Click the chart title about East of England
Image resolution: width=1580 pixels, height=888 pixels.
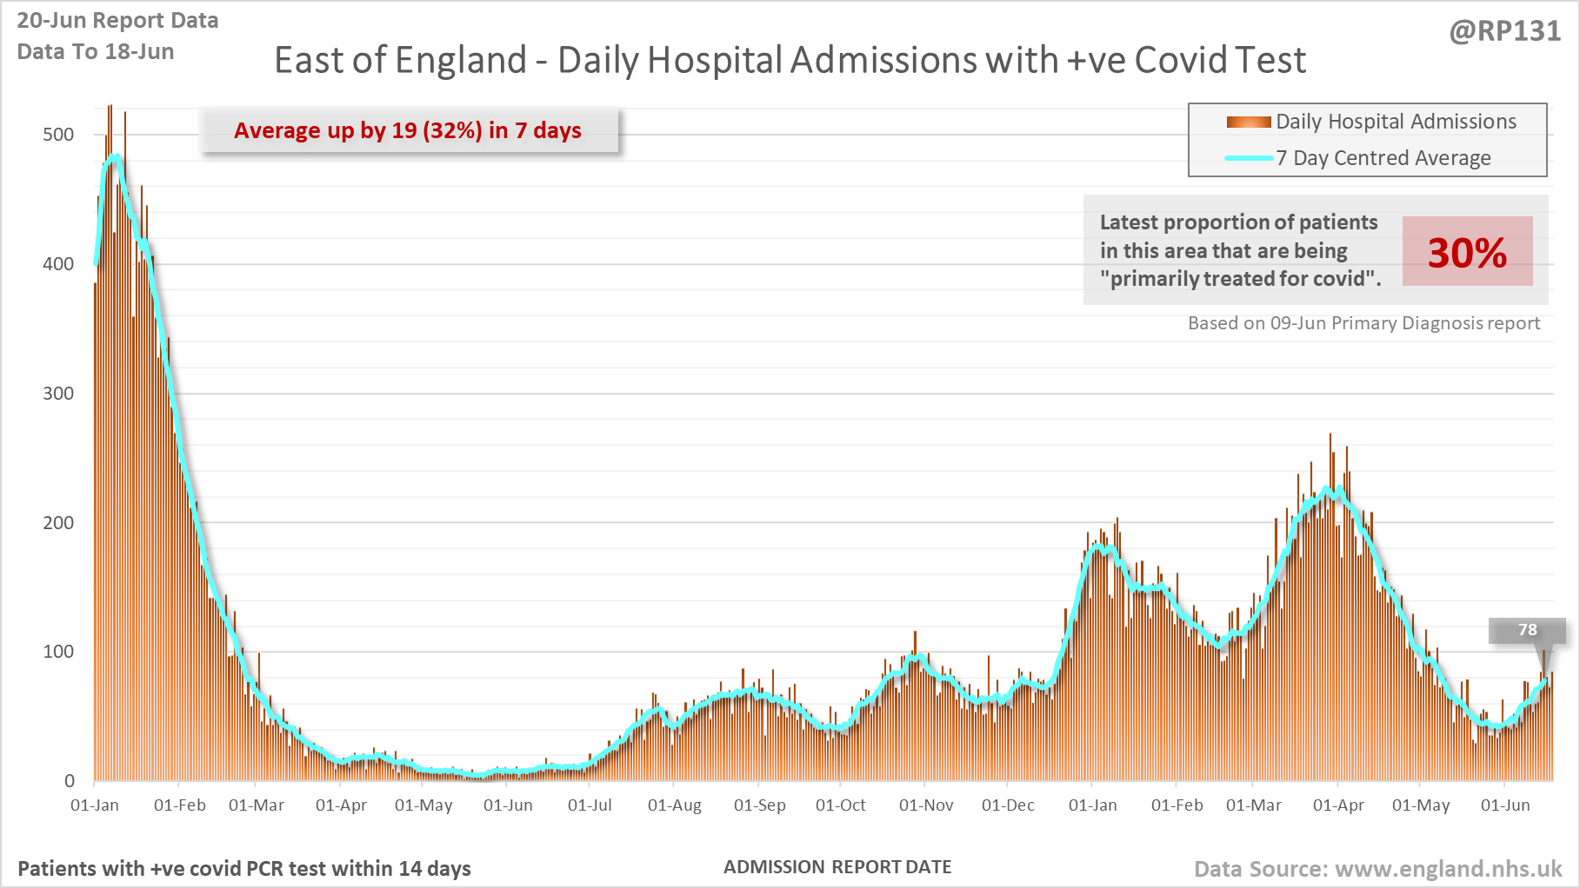point(790,60)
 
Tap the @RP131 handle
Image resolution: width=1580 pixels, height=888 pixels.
point(1504,31)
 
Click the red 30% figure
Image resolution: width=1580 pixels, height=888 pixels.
point(1467,253)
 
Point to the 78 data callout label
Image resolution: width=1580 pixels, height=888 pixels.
point(1527,630)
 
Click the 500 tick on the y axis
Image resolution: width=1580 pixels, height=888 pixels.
point(58,135)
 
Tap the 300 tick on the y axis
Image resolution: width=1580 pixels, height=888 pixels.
point(58,394)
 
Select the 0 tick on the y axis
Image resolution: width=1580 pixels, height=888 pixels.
point(70,781)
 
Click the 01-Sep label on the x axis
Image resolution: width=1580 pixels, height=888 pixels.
point(759,805)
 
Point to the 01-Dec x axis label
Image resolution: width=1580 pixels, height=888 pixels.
point(1008,805)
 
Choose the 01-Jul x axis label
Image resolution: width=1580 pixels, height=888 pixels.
point(590,805)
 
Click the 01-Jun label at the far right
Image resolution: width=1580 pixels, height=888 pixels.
point(1504,805)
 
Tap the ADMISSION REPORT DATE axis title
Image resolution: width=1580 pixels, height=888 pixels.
point(837,867)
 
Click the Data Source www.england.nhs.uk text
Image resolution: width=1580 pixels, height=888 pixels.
point(1377,869)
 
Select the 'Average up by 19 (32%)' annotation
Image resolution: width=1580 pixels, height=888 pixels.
point(408,131)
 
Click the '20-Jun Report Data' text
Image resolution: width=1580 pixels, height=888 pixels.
point(117,21)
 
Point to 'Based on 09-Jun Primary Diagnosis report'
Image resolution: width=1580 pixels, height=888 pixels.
point(1363,323)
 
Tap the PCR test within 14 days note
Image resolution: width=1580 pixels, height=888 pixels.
point(244,869)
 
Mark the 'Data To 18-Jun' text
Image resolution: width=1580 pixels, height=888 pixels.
point(96,52)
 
